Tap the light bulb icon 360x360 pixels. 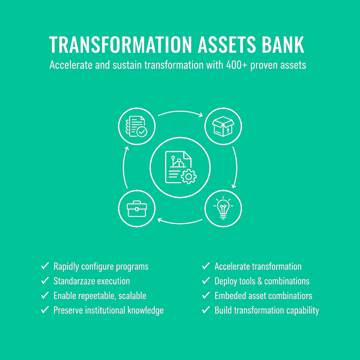coord(223,209)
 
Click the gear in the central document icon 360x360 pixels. coord(189,176)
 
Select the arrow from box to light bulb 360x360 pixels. coord(235,167)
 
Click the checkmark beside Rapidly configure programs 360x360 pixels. coord(45,266)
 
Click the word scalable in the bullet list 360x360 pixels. coord(132,296)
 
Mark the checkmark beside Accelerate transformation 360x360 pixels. coord(206,266)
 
